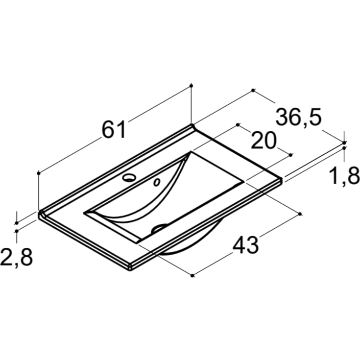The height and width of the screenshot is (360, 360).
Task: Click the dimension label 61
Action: click(x=114, y=129)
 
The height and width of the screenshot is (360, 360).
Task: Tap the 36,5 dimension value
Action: click(x=298, y=117)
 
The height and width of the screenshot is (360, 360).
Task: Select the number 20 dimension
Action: click(x=264, y=141)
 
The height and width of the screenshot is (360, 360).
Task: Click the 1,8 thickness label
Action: click(x=344, y=176)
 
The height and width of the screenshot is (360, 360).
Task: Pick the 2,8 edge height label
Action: click(x=16, y=257)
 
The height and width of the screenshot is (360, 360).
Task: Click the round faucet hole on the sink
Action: click(x=129, y=177)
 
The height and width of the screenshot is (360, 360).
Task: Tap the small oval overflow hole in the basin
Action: click(x=157, y=183)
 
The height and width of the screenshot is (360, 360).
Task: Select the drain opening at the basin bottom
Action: click(x=159, y=228)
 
